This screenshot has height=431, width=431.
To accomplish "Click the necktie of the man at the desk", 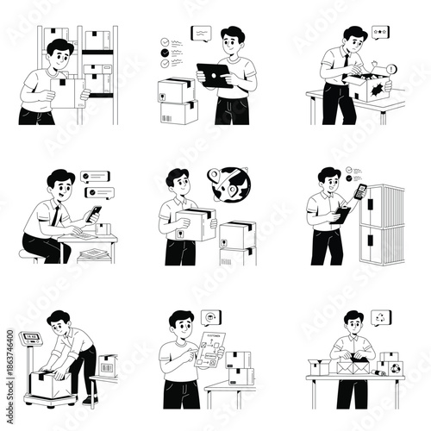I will point(55,215).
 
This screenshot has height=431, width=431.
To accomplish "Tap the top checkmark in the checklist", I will point(164,41).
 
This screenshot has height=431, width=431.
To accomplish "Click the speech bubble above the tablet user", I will point(201,32).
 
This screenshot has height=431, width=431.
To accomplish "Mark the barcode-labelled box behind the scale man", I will point(106,366).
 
